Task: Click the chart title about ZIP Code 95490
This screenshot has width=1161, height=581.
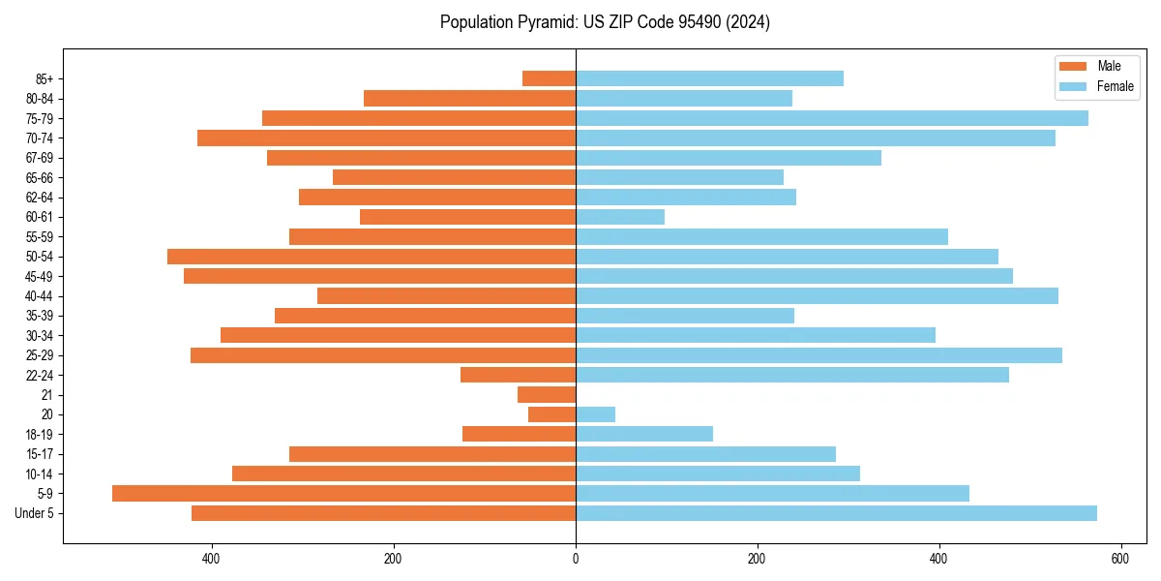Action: (x=605, y=22)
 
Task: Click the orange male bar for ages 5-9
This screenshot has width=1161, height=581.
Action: (x=343, y=493)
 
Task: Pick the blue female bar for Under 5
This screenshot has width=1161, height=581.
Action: (x=836, y=513)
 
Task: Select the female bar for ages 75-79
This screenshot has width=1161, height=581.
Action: (x=832, y=118)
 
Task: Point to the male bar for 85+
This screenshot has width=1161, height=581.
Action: (x=549, y=78)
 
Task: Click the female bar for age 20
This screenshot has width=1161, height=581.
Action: (x=595, y=414)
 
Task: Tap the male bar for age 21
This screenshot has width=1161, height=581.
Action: (x=547, y=394)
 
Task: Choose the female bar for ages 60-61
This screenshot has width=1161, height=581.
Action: (x=620, y=217)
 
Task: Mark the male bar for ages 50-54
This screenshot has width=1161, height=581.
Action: (x=372, y=257)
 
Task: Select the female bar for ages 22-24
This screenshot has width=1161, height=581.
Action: (x=792, y=375)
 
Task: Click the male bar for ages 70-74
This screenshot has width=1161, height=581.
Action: (x=386, y=138)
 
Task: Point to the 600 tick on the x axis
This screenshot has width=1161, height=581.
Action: (x=1119, y=559)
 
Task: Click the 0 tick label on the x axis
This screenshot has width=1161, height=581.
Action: (x=576, y=559)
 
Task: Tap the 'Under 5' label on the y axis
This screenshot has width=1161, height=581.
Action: (x=34, y=513)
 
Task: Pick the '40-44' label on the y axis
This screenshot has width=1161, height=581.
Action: (x=40, y=296)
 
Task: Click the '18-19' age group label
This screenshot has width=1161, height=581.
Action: (x=40, y=434)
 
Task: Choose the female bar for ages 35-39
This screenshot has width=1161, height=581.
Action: (x=685, y=316)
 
